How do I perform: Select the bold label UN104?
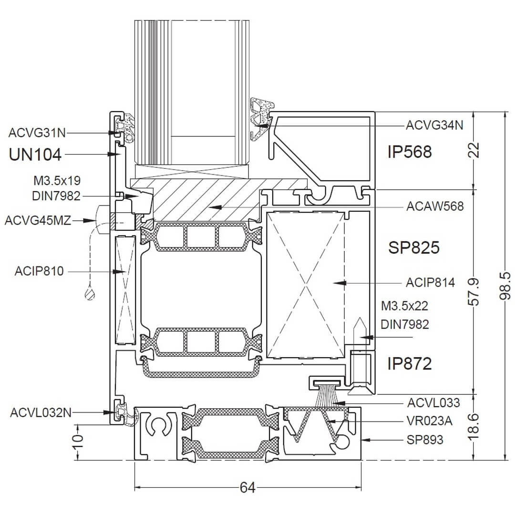[35, 154]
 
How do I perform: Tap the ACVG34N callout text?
[434, 125]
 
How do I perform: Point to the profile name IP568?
[410, 152]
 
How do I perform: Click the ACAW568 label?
[434, 206]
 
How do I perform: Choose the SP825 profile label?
[413, 248]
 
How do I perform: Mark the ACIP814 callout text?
[430, 283]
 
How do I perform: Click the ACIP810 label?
[39, 271]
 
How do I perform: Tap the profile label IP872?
[410, 364]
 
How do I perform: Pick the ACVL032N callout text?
[41, 412]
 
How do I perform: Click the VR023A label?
[430, 421]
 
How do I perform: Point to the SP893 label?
[425, 439]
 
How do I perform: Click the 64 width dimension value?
[247, 487]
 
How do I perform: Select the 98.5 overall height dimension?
[507, 286]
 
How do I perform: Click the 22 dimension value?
[475, 150]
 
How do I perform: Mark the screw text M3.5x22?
[405, 305]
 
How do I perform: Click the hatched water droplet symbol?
[90, 294]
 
